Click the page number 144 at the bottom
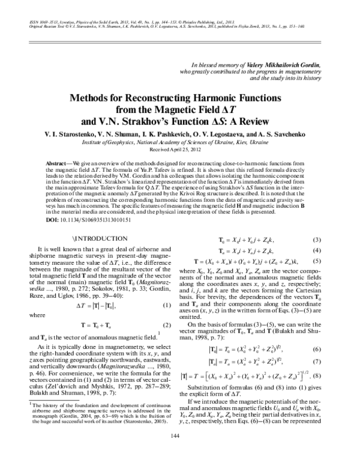point(180,452)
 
